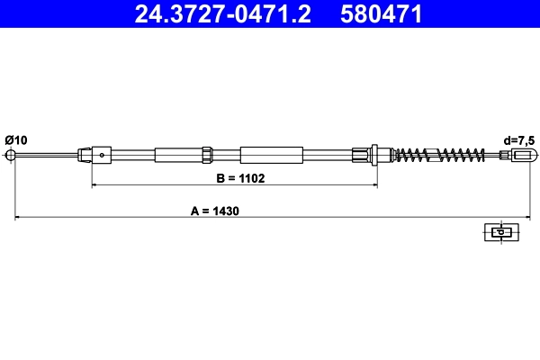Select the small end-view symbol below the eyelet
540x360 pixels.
(x=499, y=231)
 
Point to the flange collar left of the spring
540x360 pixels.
(x=374, y=154)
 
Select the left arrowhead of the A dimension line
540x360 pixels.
(x=15, y=217)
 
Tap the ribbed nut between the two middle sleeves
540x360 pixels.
(x=207, y=154)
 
